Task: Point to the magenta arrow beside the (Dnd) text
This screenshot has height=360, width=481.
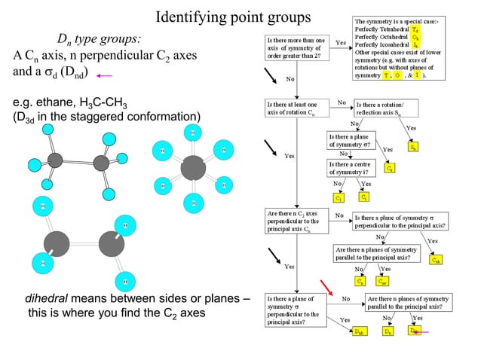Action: click(x=105, y=75)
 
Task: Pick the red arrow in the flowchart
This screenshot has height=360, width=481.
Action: click(x=326, y=286)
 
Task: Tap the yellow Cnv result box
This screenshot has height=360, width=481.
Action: click(x=383, y=281)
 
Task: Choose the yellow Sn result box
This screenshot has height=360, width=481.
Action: click(x=413, y=147)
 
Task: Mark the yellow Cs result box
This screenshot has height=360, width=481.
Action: click(x=389, y=169)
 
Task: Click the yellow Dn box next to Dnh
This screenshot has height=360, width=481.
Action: click(x=388, y=331)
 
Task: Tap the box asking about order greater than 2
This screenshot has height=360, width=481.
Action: click(x=295, y=48)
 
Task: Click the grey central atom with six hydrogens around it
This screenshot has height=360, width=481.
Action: click(x=194, y=167)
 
